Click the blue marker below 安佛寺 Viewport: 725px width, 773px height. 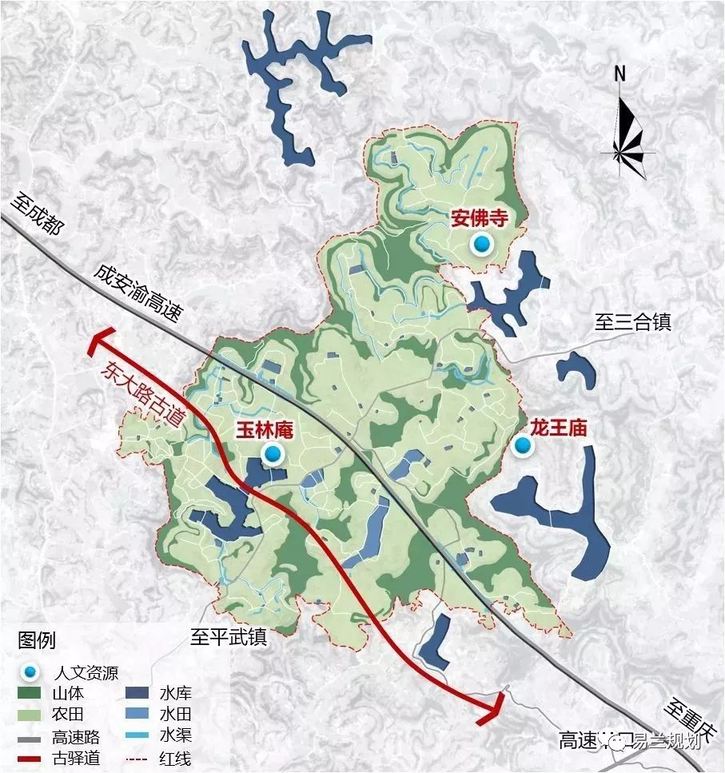click(x=481, y=245)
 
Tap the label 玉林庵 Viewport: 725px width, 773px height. click(x=265, y=430)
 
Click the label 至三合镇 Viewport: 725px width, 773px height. click(x=632, y=322)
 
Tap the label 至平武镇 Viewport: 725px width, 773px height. click(x=228, y=636)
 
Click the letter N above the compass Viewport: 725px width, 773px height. click(x=619, y=74)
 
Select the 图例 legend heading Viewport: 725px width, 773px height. click(x=37, y=640)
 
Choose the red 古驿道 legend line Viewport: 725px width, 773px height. click(x=32, y=757)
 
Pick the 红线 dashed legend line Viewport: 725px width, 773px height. click(x=138, y=757)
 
